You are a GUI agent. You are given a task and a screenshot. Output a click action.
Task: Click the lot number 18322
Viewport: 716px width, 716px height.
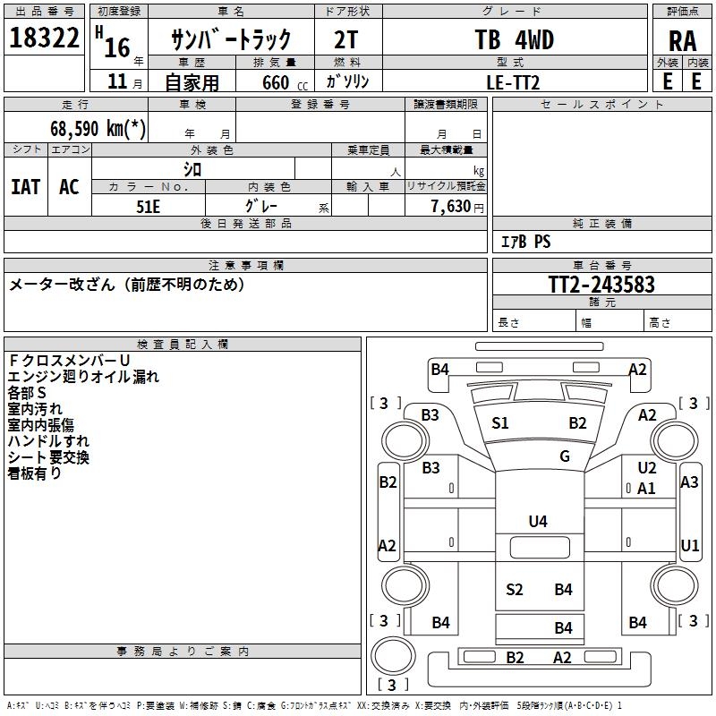click(45, 39)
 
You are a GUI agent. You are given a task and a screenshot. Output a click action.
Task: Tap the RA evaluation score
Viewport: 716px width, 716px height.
click(682, 40)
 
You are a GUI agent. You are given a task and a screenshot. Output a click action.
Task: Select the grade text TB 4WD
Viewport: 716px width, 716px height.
click(514, 40)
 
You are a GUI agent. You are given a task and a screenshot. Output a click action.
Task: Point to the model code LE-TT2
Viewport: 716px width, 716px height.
click(514, 81)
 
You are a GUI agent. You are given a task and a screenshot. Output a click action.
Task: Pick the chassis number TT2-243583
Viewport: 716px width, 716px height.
click(601, 285)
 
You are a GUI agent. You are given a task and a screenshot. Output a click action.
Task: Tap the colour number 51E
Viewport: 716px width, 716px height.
click(149, 205)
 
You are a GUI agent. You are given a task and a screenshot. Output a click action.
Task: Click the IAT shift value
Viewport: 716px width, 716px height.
click(25, 187)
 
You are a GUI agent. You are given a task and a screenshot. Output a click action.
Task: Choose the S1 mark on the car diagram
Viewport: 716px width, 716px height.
click(500, 423)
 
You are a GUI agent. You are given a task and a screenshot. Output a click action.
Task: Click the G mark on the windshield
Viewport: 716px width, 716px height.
click(565, 456)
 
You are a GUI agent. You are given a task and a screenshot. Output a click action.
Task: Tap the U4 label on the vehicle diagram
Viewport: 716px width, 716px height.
click(538, 521)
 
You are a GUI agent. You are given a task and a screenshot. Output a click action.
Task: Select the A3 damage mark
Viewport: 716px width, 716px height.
click(689, 482)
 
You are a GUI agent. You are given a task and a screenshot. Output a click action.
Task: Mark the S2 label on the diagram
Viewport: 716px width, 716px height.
click(514, 589)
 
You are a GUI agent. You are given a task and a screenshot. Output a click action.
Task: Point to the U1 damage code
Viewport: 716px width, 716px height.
click(689, 545)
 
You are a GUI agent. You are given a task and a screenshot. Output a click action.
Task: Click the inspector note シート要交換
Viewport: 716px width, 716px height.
click(48, 457)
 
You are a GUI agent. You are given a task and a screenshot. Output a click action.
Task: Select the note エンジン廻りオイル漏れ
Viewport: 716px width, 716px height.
click(83, 377)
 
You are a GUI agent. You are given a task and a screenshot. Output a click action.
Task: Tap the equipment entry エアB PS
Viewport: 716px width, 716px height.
click(525, 242)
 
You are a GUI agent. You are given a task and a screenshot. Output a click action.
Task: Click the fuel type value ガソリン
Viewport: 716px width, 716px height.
click(348, 81)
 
